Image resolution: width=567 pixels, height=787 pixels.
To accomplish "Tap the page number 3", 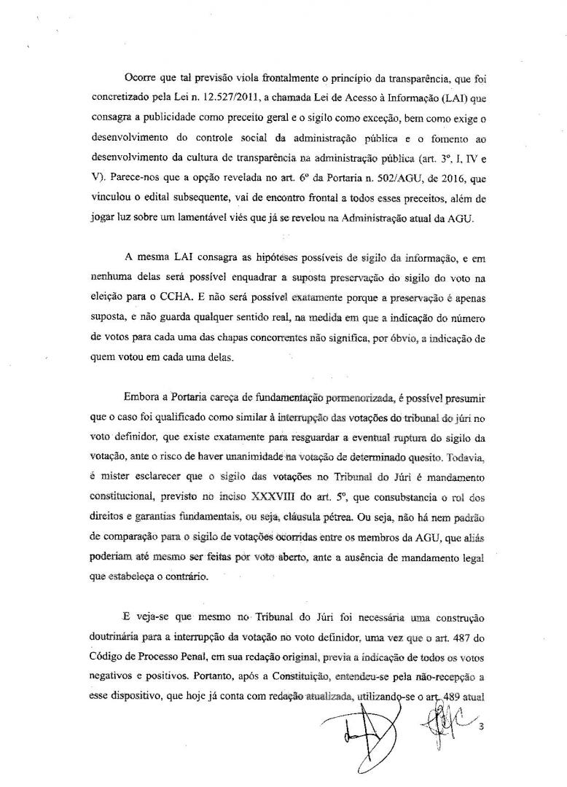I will pyautogui.click(x=482, y=746).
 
